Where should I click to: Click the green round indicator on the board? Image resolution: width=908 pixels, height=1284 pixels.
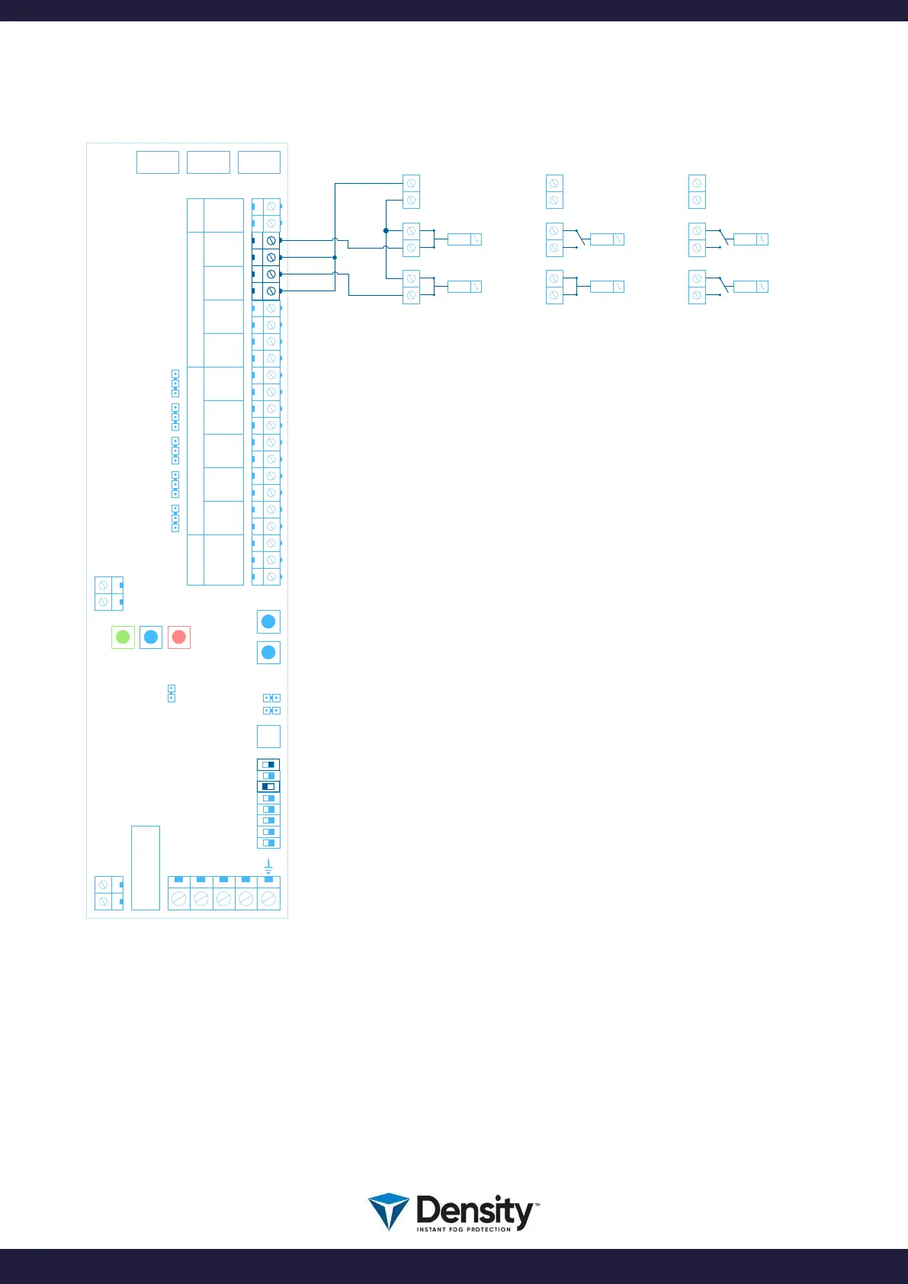123,637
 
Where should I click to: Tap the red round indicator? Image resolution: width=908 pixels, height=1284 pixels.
179,637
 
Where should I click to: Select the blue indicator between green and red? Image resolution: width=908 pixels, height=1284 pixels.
151,637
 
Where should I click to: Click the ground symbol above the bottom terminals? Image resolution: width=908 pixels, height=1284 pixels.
268,866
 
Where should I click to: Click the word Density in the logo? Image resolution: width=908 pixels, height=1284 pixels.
475,1210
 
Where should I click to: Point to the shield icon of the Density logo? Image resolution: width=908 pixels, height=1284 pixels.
388,1212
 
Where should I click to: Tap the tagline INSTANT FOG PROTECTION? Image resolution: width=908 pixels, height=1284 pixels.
464,1229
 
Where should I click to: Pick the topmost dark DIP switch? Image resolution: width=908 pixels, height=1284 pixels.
268,764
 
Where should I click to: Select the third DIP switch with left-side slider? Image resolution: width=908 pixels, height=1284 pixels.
268,786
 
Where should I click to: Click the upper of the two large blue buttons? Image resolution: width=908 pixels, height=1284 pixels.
268,621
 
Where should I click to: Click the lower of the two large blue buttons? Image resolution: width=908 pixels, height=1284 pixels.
268,653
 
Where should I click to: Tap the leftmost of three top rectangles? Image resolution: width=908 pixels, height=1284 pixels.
158,162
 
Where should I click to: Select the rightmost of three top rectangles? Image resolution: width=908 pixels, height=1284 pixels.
259,162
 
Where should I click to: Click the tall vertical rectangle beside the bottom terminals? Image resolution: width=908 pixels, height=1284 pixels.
146,868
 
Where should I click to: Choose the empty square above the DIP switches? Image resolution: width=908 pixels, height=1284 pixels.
268,736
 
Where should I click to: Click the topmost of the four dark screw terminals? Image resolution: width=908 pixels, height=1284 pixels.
271,240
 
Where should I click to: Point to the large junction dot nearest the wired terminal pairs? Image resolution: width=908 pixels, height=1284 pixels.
386,230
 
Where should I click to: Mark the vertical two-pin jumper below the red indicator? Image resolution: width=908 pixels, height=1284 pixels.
171,693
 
